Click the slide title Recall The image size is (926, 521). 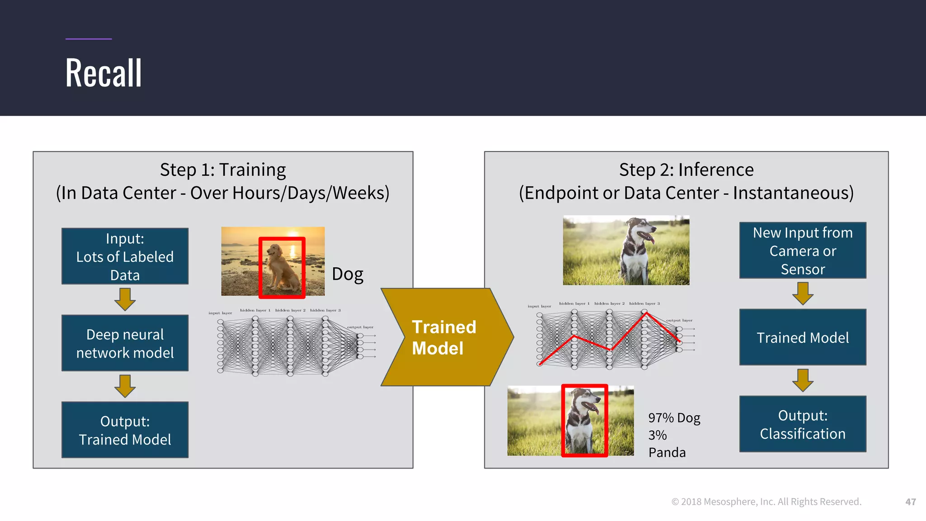(104, 73)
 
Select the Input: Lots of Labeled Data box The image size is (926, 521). (125, 256)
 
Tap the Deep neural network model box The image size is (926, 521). (125, 343)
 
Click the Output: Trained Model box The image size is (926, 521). (125, 430)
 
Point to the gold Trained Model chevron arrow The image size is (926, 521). (445, 337)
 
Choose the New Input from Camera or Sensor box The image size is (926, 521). (803, 251)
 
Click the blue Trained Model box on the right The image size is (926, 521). (803, 337)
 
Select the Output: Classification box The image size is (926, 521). (803, 424)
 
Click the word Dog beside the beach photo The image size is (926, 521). (347, 274)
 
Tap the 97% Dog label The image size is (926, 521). (674, 418)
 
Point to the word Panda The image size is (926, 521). (667, 452)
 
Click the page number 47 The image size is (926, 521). (910, 502)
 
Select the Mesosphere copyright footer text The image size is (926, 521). (766, 502)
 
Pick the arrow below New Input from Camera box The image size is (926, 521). (803, 294)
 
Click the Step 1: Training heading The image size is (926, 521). (223, 170)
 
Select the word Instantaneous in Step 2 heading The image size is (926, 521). (793, 193)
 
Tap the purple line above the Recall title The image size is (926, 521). (89, 39)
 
